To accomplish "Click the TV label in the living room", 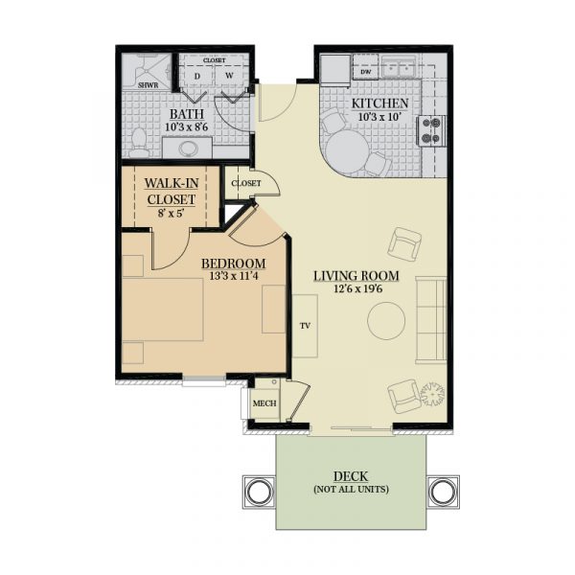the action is (x=305, y=326).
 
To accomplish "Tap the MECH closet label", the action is (x=264, y=403).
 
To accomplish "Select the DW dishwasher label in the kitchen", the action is (x=366, y=72).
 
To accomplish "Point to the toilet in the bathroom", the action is (x=139, y=142).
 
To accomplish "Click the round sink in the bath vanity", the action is (x=188, y=149).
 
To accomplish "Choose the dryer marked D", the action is (x=197, y=77).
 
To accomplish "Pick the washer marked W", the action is (x=229, y=76).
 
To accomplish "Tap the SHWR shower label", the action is (x=148, y=85).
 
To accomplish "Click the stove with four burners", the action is (x=431, y=131).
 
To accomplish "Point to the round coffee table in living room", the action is (x=386, y=321).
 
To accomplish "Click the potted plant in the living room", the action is (x=432, y=394).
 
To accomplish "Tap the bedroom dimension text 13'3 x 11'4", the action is (x=234, y=276).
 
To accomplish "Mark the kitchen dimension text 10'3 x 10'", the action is (x=379, y=117).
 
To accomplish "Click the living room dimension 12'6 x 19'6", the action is (x=357, y=288).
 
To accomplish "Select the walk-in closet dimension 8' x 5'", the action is (x=171, y=213).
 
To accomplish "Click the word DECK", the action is (x=351, y=476).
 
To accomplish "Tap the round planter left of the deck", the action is (x=260, y=492).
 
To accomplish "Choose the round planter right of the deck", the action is (x=443, y=492).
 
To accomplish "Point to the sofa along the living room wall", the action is (x=431, y=320).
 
